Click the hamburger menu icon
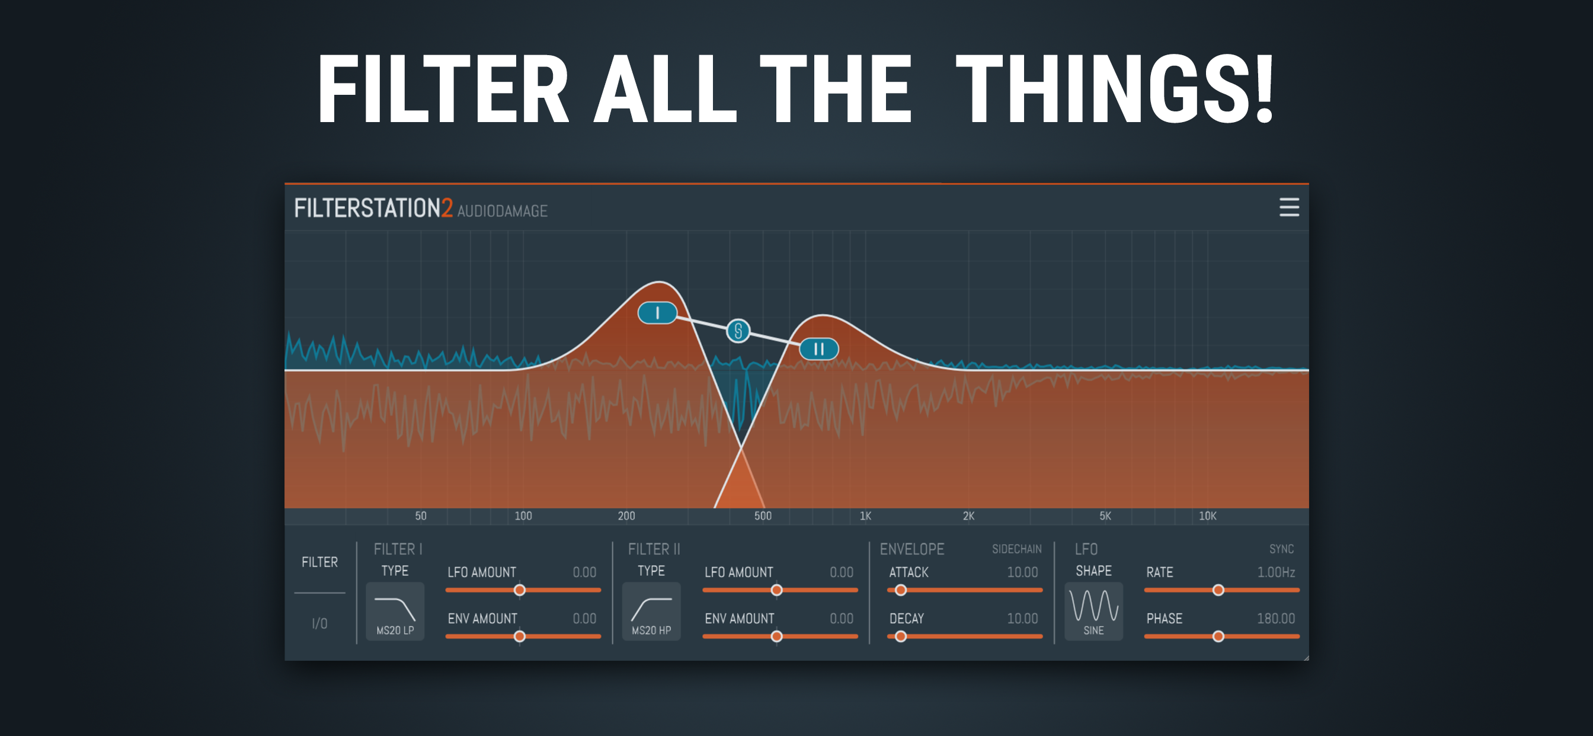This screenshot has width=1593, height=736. click(1289, 207)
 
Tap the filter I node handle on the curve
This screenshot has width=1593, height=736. click(657, 313)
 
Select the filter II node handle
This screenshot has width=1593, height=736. click(819, 349)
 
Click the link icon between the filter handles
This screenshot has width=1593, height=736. click(738, 331)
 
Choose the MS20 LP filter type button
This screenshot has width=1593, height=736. click(395, 611)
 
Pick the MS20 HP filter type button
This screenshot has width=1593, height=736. click(651, 611)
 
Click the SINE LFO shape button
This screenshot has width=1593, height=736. click(1093, 611)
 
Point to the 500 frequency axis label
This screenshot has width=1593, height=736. click(763, 516)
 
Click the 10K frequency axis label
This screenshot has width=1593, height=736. click(1207, 516)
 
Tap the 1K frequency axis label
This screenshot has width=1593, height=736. click(865, 516)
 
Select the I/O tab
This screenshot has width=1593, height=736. click(319, 623)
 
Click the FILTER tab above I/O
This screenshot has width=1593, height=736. click(319, 562)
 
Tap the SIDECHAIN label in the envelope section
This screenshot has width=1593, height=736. click(1016, 549)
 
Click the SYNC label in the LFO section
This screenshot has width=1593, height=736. click(1281, 549)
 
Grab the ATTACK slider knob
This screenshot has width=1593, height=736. click(901, 590)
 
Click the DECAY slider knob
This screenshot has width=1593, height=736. click(901, 636)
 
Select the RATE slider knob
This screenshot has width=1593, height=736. click(1218, 590)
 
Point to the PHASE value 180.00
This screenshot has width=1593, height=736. click(1276, 619)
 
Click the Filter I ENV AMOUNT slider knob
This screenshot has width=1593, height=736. click(520, 636)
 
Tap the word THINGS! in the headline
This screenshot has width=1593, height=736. click(1115, 89)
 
